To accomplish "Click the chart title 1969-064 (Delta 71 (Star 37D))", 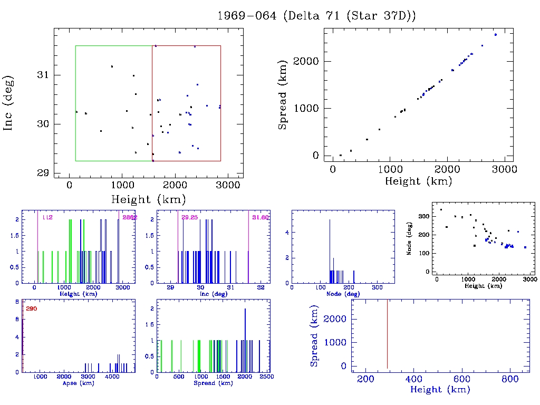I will [317, 15].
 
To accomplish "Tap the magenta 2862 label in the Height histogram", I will [130, 217].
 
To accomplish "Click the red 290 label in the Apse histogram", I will [32, 308].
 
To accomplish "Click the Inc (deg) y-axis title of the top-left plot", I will [9, 103].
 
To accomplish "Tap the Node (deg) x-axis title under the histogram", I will [343, 293].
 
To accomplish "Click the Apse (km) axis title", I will [78, 383].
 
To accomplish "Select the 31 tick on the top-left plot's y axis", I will [44, 75].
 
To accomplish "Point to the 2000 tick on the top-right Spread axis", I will [307, 61].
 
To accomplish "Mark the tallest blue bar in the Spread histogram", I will [245, 340].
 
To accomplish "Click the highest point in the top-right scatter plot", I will [496, 35].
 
